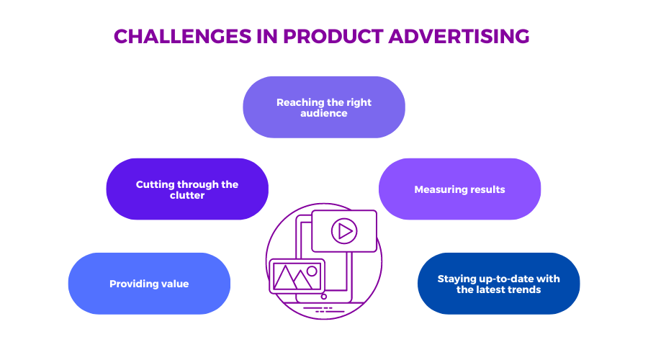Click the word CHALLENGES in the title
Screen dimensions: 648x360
tap(182, 37)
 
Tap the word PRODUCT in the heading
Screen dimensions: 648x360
tap(333, 37)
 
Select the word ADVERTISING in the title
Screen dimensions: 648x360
tap(459, 37)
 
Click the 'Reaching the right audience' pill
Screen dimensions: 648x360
tap(324, 107)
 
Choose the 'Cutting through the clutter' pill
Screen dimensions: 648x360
tap(187, 189)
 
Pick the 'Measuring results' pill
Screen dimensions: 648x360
tap(459, 189)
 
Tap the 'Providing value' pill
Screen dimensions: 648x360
tap(149, 284)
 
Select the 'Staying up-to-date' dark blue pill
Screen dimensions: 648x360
tap(499, 284)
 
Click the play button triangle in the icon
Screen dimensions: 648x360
tap(345, 231)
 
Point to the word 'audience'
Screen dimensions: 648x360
tap(324, 113)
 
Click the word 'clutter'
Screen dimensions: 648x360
tap(187, 195)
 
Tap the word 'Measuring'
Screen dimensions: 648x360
tap(437, 189)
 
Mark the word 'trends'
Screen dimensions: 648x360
tap(525, 289)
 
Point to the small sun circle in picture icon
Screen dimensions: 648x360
tap(312, 271)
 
